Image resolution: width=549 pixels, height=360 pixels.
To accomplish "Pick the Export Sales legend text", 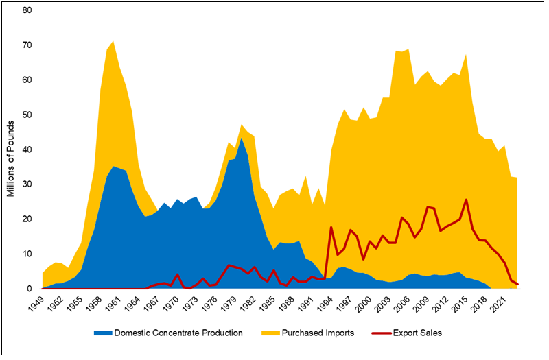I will tap(417, 333).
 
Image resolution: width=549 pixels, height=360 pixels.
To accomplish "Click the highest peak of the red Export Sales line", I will tap(467, 200).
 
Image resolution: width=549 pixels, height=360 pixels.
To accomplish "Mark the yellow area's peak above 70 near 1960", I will tap(114, 41).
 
